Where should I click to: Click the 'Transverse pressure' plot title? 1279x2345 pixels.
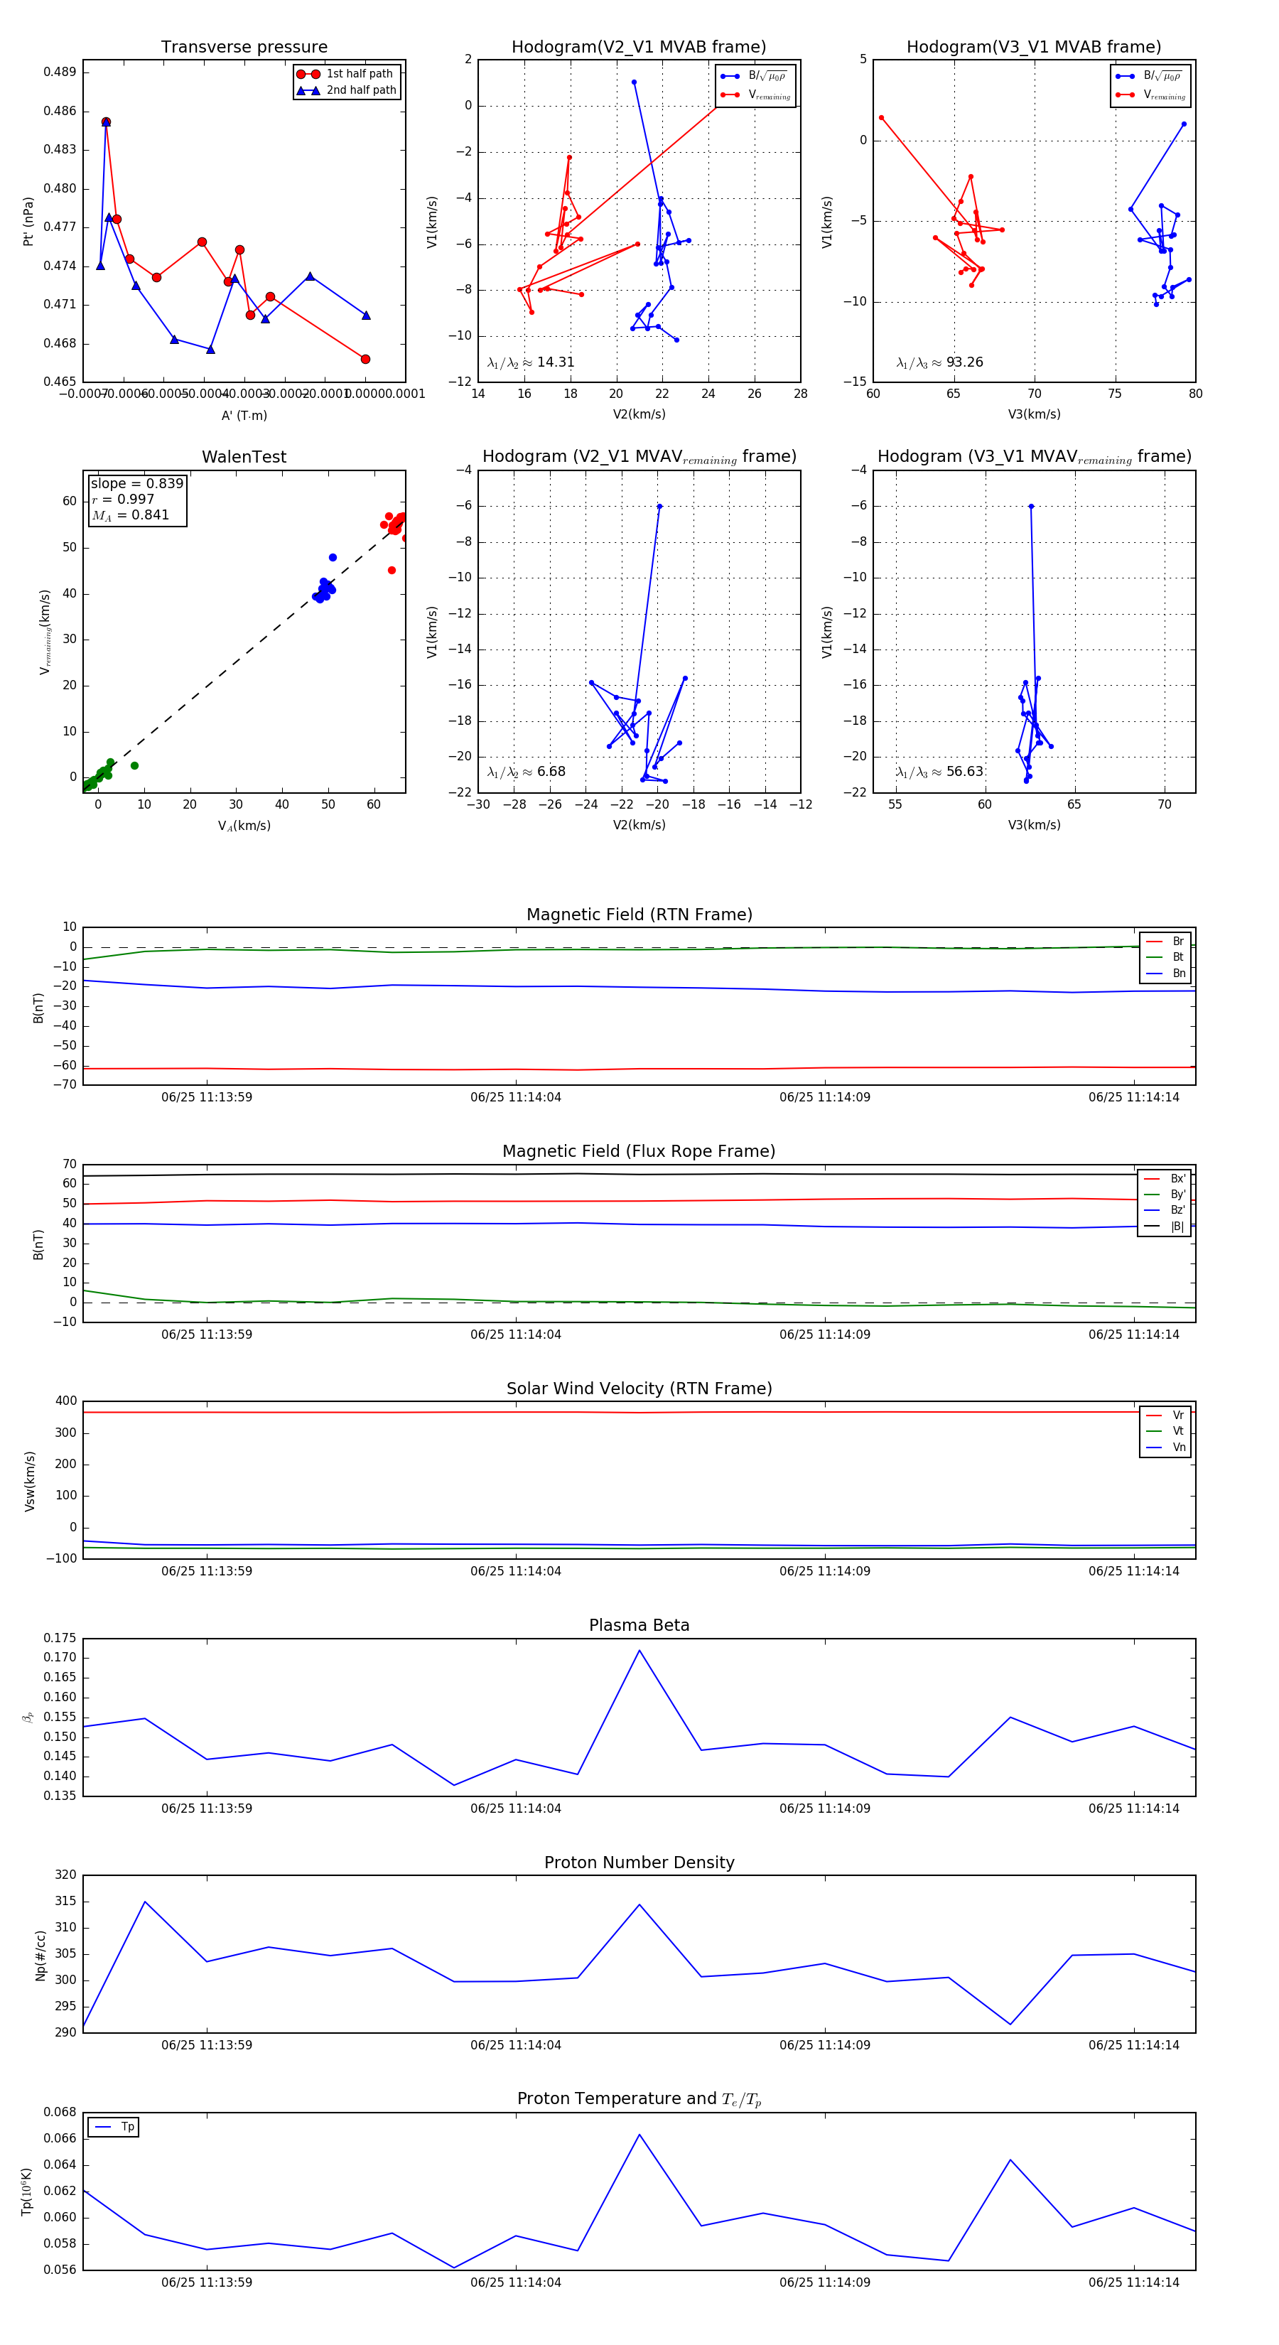pyautogui.click(x=244, y=48)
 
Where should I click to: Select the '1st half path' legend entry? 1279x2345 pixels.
pyautogui.click(x=359, y=74)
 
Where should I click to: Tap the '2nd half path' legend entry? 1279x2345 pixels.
pyautogui.click(x=360, y=90)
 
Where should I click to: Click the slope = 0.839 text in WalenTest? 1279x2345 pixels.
pyautogui.click(x=136, y=483)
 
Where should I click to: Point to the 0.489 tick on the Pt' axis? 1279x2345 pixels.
pyautogui.click(x=60, y=72)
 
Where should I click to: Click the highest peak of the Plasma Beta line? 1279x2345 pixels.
pyautogui.click(x=639, y=1651)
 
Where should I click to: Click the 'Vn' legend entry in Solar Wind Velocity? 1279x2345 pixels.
pyautogui.click(x=1178, y=1447)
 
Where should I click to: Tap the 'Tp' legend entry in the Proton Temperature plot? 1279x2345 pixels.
pyautogui.click(x=126, y=2127)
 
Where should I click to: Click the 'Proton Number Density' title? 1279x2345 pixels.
pyautogui.click(x=639, y=1862)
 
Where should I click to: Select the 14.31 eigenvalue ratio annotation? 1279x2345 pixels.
pyautogui.click(x=555, y=362)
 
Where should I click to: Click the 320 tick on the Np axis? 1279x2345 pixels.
pyautogui.click(x=65, y=1875)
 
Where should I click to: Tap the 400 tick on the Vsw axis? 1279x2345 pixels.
pyautogui.click(x=65, y=1401)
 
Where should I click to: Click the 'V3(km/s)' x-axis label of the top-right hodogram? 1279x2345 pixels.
pyautogui.click(x=1033, y=414)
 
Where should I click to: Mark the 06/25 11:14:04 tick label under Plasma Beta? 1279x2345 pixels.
pyautogui.click(x=515, y=1808)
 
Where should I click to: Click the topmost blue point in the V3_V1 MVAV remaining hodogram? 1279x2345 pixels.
pyautogui.click(x=1030, y=506)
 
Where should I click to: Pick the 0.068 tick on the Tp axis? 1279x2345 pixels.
pyautogui.click(x=60, y=2112)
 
